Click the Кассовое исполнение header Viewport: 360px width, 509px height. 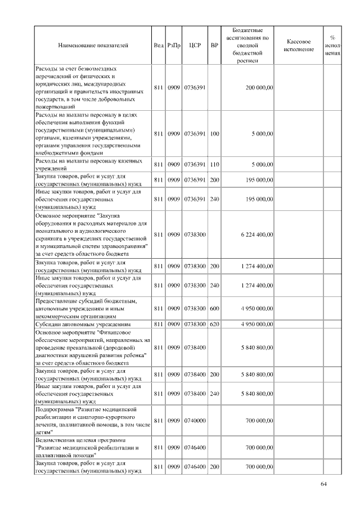pos(299,46)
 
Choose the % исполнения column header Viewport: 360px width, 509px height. pos(332,45)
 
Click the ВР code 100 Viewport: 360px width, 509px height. pos(214,134)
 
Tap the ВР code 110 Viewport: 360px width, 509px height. pos(214,164)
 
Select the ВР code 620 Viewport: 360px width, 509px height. pos(214,325)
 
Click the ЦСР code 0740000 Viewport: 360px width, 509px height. pos(195,420)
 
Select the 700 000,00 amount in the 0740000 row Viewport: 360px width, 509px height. pos(259,420)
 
